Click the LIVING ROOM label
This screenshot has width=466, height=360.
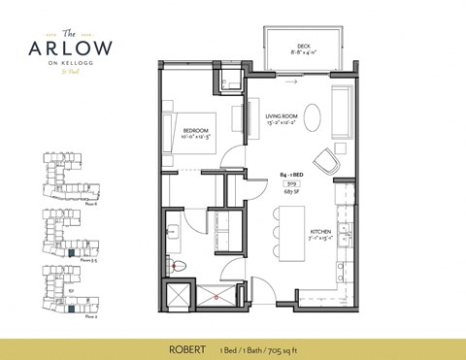tap(285, 116)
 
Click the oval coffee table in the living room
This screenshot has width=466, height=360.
tap(317, 118)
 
